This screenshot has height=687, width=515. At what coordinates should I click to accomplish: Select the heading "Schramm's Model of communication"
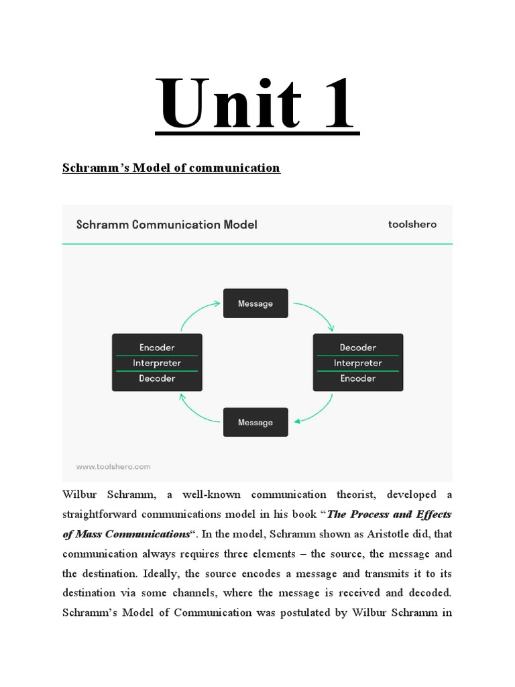point(171,168)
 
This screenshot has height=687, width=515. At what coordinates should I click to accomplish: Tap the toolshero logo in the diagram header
point(412,224)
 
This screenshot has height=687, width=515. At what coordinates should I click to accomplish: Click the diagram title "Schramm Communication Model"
point(166,225)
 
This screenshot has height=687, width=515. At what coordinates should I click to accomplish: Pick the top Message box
point(255,303)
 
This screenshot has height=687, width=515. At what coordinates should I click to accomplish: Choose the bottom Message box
point(255,422)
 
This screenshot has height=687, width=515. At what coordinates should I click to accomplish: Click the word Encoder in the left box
point(157,348)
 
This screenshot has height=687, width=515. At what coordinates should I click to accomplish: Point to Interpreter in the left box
point(157,363)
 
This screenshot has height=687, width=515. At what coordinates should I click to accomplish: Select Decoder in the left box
point(157,378)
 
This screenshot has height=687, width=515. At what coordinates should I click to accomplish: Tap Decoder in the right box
point(357,348)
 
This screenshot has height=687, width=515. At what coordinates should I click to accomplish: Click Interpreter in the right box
point(357,363)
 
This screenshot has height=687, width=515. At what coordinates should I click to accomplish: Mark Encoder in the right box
point(357,378)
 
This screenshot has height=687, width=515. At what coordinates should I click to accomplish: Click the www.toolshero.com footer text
point(113,466)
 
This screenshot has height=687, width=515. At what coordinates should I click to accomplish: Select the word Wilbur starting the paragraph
point(80,495)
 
